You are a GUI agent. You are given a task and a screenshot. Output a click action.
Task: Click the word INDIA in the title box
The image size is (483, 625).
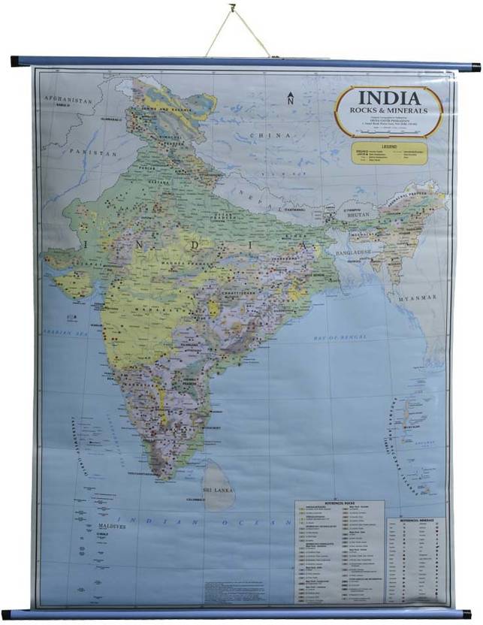click(x=388, y=98)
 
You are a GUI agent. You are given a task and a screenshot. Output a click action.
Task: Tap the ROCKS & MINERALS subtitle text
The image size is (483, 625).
click(x=388, y=111)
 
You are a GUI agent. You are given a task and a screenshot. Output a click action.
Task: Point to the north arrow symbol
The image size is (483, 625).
click(x=290, y=98)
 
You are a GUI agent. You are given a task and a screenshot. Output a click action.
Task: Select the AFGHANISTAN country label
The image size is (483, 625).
click(x=67, y=100)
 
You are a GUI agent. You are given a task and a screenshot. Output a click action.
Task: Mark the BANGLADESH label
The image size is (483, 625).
click(x=352, y=251)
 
